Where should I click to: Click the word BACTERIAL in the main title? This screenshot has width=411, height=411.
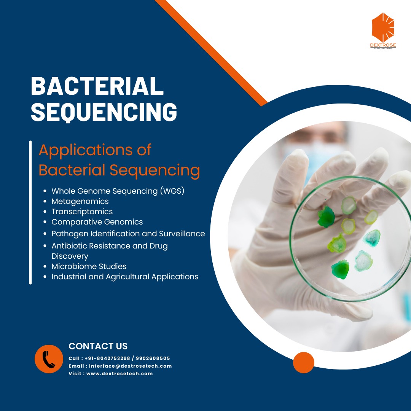pos(97,86)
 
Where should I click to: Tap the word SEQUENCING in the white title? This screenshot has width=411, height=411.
pos(104,112)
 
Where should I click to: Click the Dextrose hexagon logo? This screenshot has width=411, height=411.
pos(383,27)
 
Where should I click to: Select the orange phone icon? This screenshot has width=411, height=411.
pos(49,359)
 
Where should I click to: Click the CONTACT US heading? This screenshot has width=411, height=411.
pos(98,346)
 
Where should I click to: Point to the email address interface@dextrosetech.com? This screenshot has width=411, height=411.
pos(130,366)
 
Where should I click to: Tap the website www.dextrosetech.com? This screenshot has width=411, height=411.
pos(119,374)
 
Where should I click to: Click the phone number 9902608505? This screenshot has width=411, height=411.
pos(153,358)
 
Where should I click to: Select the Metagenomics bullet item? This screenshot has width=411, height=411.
pos(80,201)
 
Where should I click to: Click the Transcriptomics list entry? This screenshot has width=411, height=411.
pos(82,212)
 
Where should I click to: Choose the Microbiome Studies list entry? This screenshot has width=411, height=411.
pos(89,266)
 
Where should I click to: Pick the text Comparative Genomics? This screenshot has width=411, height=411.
pos(97,222)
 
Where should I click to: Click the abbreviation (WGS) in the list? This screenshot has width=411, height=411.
pos(172,191)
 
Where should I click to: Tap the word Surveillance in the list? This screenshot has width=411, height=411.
pos(182,234)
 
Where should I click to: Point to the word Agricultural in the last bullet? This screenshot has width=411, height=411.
pos(127,277)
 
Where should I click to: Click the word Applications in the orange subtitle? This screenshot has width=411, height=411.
pos(86,150)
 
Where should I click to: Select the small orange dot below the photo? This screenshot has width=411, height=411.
pos(304,363)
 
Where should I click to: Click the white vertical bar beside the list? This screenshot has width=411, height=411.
pos(30,213)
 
